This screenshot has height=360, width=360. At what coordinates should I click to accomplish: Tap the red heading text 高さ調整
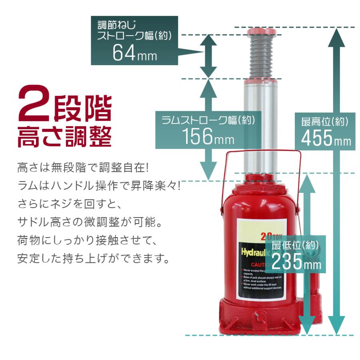click(x=64, y=136)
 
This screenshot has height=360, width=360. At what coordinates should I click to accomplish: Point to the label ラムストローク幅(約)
click(x=208, y=120)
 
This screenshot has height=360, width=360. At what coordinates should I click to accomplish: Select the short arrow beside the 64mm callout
click(x=208, y=56)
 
